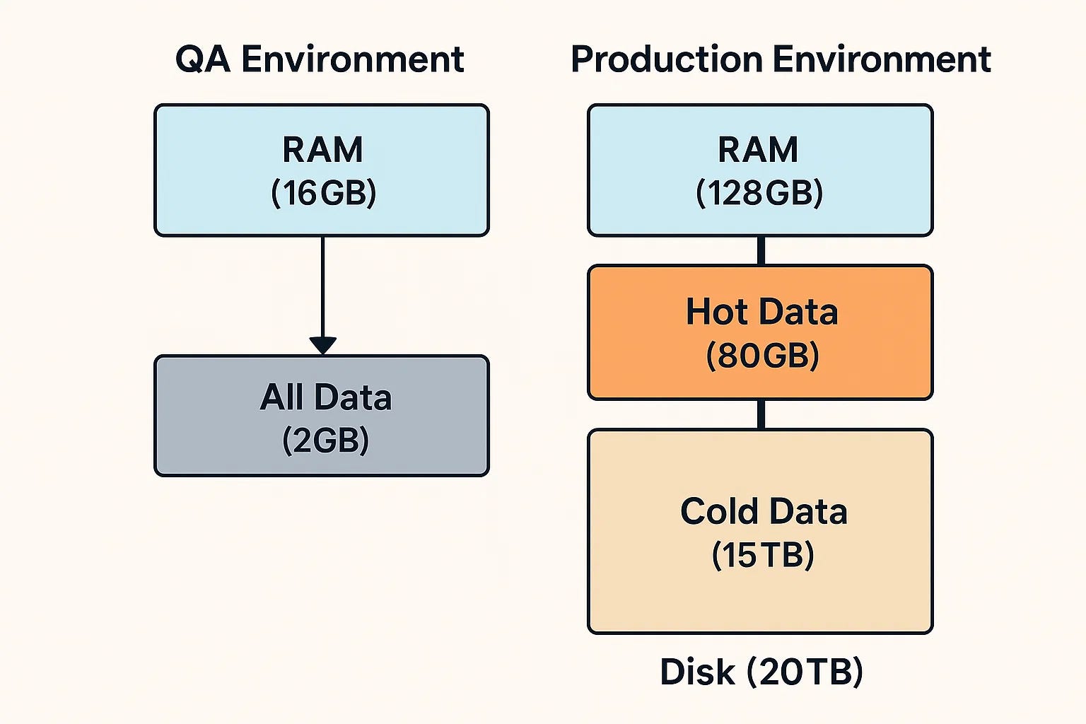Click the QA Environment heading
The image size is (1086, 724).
(320, 59)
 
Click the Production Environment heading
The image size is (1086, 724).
(781, 59)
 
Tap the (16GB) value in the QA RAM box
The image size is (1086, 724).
(323, 193)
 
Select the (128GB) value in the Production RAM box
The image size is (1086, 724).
(759, 193)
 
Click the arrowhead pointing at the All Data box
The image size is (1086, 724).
(323, 346)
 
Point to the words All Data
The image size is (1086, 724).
(325, 397)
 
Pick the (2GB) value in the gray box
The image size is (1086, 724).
(325, 440)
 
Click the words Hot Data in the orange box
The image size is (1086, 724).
(761, 311)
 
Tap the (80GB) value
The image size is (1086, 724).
(762, 356)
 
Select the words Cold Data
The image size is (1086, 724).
(764, 511)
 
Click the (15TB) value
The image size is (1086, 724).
(763, 555)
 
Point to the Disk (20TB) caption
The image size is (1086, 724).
(761, 672)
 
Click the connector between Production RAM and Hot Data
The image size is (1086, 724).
(761, 251)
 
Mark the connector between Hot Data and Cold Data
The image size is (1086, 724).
(761, 414)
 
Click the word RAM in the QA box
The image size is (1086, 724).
(322, 150)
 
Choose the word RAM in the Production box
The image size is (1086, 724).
(758, 150)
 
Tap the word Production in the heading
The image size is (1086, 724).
(667, 59)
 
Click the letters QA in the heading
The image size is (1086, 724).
(203, 60)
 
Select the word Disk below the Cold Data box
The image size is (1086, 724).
(697, 672)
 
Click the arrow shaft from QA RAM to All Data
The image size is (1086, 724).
(323, 287)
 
